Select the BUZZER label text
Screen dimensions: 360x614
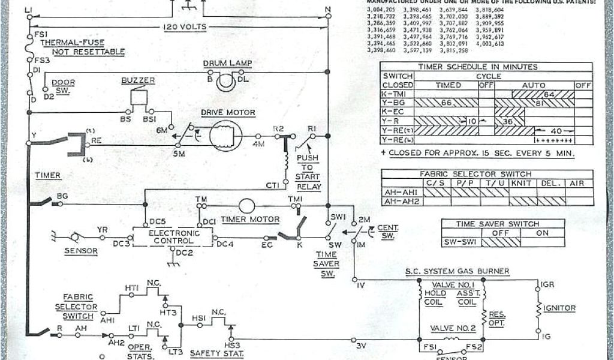(138, 80)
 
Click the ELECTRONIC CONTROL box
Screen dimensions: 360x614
(173, 236)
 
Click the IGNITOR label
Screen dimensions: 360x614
(559, 308)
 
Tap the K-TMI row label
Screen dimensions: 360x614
(397, 94)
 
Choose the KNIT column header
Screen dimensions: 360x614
(522, 183)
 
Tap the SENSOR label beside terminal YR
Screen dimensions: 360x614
(81, 251)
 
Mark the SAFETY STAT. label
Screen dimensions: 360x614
(216, 353)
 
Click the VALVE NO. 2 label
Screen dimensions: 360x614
(453, 328)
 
